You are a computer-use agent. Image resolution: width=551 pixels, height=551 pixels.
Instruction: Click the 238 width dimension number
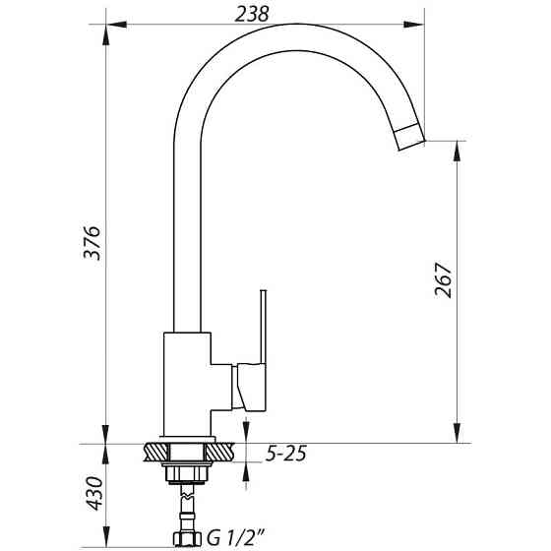[252, 15]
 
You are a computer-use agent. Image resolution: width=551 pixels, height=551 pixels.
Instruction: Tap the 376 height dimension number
[92, 242]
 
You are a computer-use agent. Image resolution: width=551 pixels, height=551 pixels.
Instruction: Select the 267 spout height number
[443, 280]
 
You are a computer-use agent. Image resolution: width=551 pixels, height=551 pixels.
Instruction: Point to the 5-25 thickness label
[285, 454]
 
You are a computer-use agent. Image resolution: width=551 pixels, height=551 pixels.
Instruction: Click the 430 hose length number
[94, 493]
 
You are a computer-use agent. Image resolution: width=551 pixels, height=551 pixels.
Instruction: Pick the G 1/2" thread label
[236, 538]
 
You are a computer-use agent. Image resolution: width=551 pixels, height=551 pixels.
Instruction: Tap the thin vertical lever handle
[264, 327]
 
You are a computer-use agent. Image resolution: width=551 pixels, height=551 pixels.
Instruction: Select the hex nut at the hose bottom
[187, 539]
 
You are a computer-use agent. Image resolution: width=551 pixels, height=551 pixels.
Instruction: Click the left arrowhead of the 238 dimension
[116, 25]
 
